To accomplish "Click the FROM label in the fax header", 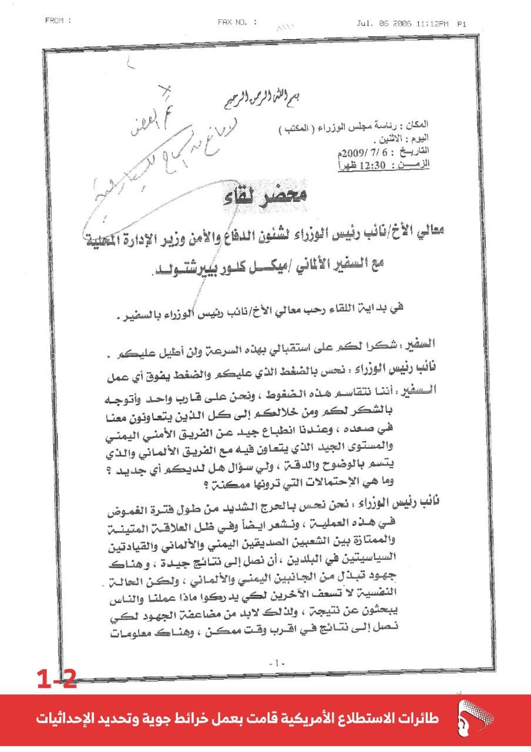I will click(58, 21).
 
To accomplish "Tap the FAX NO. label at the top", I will click(237, 22).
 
